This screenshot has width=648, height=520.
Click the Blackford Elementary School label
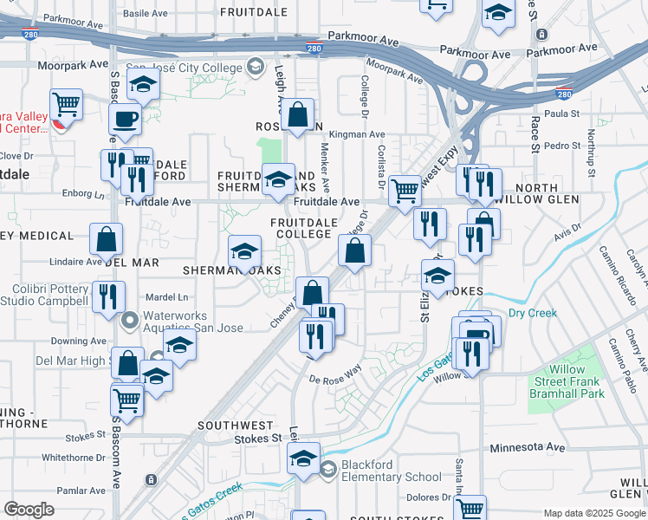pyautogui.click(x=391, y=471)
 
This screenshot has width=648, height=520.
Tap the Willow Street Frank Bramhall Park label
pyautogui.click(x=567, y=381)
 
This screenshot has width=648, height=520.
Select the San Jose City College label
pyautogui.click(x=185, y=66)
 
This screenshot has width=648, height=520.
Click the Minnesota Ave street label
pyautogui.click(x=528, y=447)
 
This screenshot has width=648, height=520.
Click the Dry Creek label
pyautogui.click(x=529, y=313)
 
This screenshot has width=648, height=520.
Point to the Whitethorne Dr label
pyautogui.click(x=73, y=458)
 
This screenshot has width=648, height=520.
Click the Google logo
pyautogui.click(x=29, y=510)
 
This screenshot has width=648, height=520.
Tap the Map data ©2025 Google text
pyautogui.click(x=593, y=513)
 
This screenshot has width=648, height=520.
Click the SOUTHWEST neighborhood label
pyautogui.click(x=235, y=426)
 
